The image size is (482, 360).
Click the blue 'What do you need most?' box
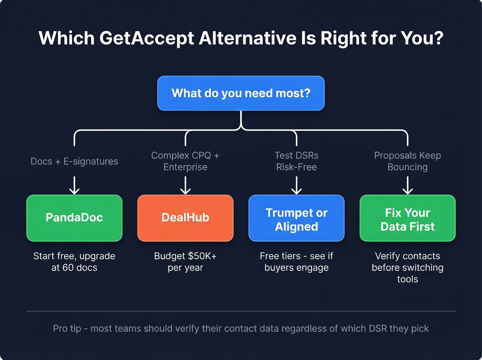click(241, 93)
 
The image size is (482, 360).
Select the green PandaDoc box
click(74, 218)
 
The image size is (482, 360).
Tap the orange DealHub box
click(185, 218)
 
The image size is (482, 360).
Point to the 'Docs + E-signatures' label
click(74, 161)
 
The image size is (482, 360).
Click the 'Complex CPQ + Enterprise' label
click(185, 161)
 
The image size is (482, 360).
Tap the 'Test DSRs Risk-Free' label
click(296, 161)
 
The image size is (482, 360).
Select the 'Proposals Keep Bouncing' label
click(407, 161)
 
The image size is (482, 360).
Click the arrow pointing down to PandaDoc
click(74, 186)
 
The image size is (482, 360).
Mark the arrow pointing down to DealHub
click(185, 186)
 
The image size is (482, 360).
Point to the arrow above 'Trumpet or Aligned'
click(296, 186)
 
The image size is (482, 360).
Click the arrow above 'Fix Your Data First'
click(408, 186)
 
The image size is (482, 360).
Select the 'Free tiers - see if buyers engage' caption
click(296, 262)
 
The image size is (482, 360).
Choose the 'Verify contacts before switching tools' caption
click(407, 268)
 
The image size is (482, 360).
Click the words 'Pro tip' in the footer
click(67, 329)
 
